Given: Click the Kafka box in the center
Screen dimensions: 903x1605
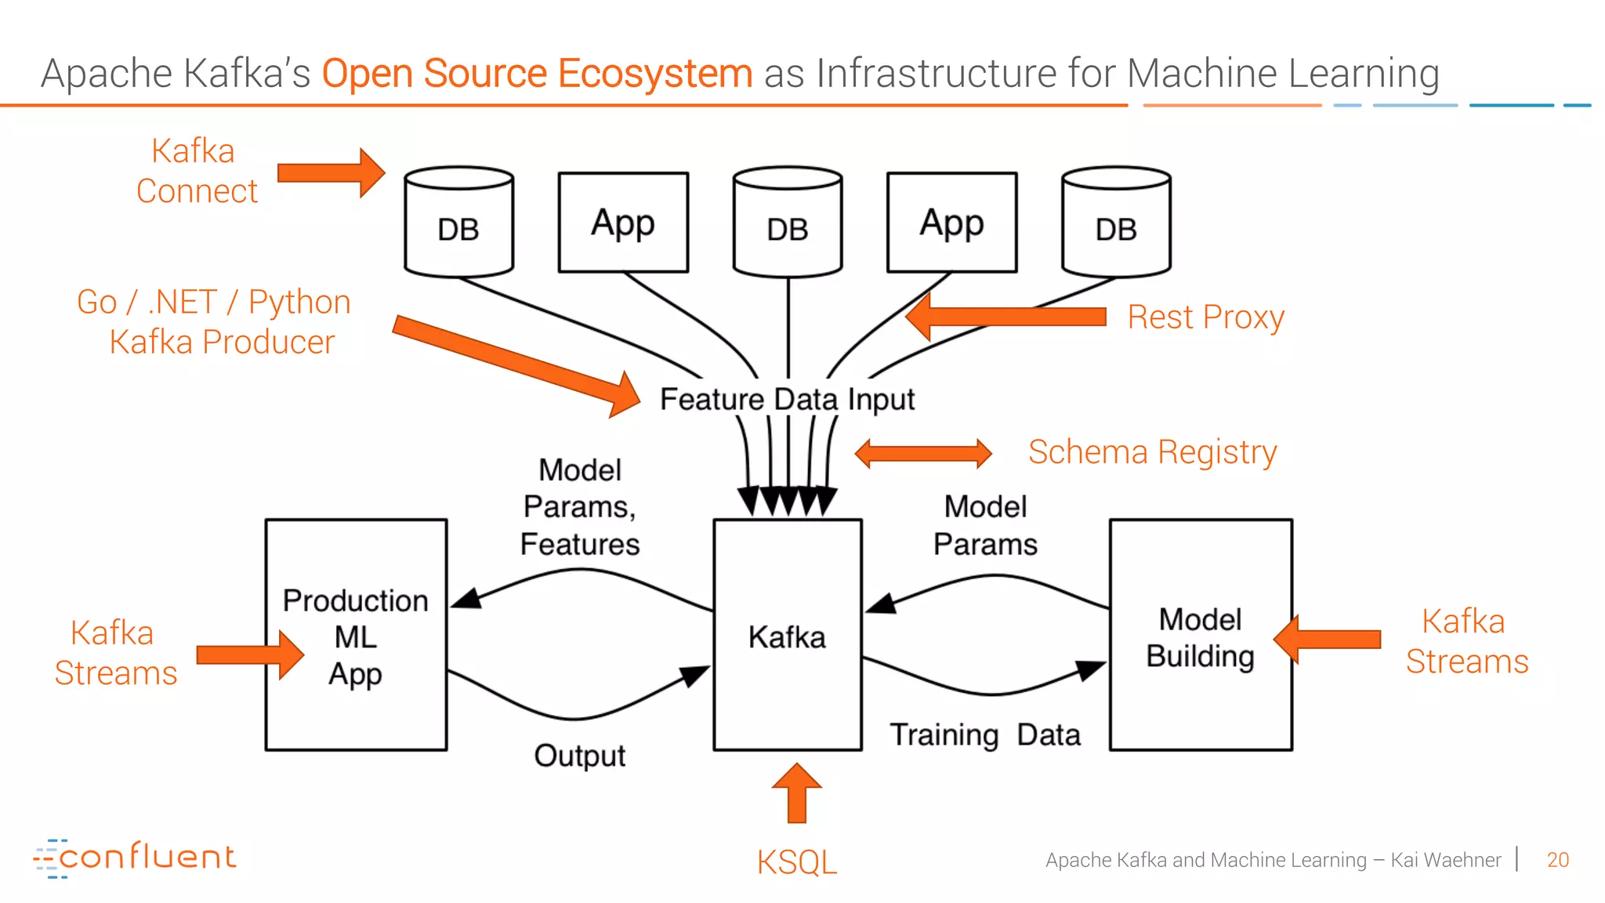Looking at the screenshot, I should click(x=787, y=635).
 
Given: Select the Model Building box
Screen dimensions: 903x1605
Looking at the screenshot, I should click(x=1200, y=635).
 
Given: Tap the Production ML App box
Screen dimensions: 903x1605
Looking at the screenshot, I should click(x=356, y=635).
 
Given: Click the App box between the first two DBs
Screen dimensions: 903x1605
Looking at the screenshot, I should click(x=623, y=223).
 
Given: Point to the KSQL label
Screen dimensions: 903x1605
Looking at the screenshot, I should click(x=796, y=862).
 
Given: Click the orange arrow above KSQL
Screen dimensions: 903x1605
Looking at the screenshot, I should click(x=796, y=793).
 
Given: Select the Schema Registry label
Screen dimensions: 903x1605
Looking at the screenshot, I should click(x=1152, y=452).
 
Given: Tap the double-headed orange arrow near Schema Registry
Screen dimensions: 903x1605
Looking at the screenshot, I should click(x=922, y=453).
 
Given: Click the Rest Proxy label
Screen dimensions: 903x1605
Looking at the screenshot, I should click(x=1205, y=317).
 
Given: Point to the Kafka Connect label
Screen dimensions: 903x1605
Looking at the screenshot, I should click(x=196, y=171).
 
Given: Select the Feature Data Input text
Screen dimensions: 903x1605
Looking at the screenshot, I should click(x=787, y=399).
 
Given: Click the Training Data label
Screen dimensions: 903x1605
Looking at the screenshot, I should click(x=984, y=735).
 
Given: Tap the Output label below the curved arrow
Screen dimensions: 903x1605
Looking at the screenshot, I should click(x=579, y=756).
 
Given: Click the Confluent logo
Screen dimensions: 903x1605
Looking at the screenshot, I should click(x=135, y=858).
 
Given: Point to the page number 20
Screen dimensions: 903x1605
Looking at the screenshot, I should click(x=1557, y=860).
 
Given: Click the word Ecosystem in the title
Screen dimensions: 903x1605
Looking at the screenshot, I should click(x=654, y=74).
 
